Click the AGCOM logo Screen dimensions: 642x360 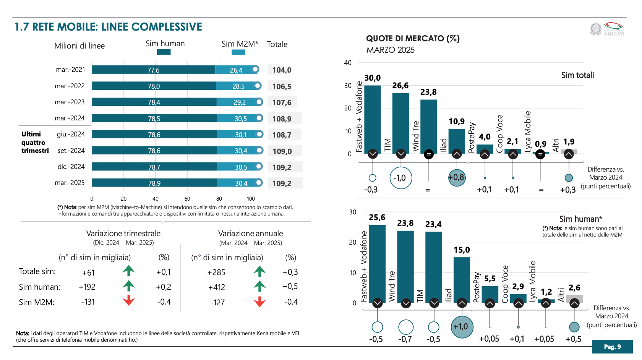click(x=607, y=29)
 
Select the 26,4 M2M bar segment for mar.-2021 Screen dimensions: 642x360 click(x=236, y=70)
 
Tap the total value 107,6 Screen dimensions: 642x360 click(x=282, y=102)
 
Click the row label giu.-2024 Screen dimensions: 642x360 click(x=71, y=134)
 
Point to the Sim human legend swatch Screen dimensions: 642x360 click(x=164, y=52)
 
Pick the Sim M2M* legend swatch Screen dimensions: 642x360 click(x=238, y=52)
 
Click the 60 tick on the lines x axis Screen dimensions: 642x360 click(x=187, y=199)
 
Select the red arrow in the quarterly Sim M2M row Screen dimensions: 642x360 click(x=129, y=300)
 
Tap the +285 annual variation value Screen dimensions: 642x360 click(x=216, y=272)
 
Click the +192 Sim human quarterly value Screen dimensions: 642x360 click(x=87, y=287)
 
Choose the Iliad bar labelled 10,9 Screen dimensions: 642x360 click(x=457, y=141)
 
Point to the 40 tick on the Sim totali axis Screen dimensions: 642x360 click(x=348, y=63)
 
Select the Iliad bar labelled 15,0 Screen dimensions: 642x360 click(x=462, y=280)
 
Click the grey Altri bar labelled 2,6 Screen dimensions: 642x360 click(x=574, y=299)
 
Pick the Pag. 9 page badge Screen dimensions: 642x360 click(x=612, y=347)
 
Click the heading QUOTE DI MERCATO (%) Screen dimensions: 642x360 click(x=413, y=38)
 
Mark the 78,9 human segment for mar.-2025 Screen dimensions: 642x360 click(x=154, y=183)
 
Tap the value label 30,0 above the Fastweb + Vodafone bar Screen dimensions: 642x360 click(x=372, y=78)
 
